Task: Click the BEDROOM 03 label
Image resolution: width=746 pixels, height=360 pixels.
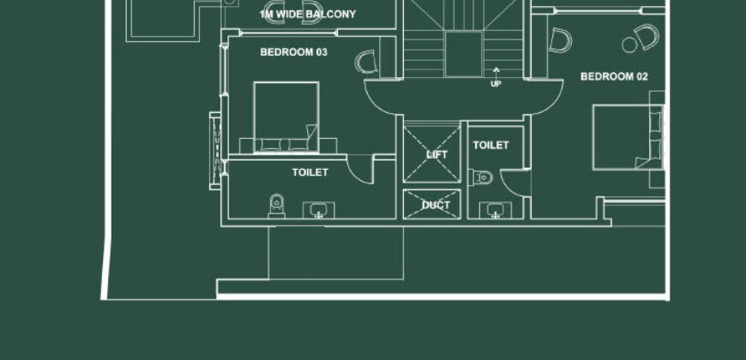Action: [x=293, y=52]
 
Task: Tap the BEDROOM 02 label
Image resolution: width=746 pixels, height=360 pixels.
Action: [x=614, y=76]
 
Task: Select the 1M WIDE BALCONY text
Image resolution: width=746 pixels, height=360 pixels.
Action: [x=308, y=15]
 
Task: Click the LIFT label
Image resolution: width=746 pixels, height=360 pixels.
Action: [x=436, y=154]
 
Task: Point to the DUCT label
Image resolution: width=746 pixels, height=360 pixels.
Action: [x=436, y=206]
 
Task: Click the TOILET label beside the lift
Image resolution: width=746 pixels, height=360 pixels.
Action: [x=491, y=145]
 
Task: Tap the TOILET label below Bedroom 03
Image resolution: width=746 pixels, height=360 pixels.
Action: [x=310, y=172]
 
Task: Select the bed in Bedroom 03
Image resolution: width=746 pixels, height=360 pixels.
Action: [x=286, y=117]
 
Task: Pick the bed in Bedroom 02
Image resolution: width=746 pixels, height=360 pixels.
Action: [x=628, y=137]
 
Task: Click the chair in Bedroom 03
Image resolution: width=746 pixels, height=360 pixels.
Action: [x=366, y=62]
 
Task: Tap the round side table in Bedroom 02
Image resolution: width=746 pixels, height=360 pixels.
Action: [x=629, y=45]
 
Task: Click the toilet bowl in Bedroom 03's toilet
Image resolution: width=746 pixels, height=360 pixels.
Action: [x=276, y=206]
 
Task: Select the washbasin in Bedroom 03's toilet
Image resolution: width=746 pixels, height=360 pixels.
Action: [x=319, y=210]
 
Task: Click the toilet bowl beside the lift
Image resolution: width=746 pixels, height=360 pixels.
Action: [x=480, y=178]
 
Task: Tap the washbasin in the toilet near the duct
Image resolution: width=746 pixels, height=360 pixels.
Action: [x=496, y=210]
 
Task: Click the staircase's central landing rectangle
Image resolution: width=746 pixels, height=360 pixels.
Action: [x=463, y=54]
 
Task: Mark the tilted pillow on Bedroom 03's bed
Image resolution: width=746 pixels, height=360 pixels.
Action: [x=311, y=134]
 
